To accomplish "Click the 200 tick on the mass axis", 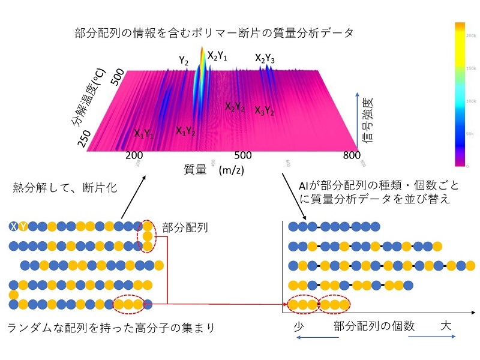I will tap(133, 155).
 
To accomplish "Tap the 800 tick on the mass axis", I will tap(352, 155).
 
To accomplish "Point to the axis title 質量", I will tap(195, 170).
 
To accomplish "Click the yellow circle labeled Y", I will tap(23, 226).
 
